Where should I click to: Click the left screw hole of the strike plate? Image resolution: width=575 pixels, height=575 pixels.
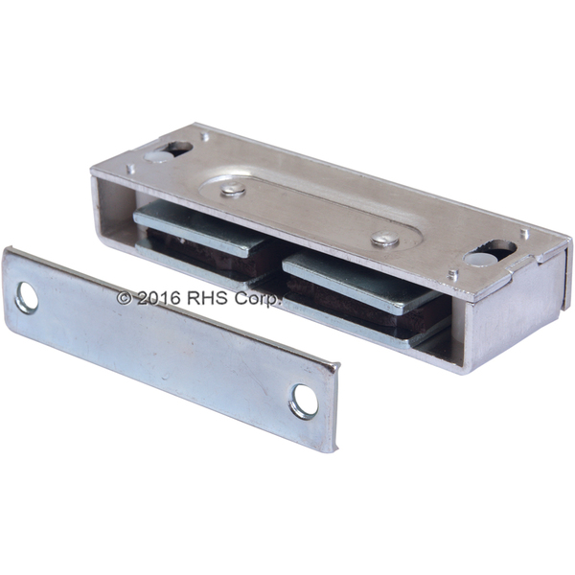pyautogui.click(x=27, y=298)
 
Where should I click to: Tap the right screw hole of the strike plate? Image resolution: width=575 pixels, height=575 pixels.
pyautogui.click(x=305, y=402)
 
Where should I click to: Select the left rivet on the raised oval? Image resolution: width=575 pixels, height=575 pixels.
pyautogui.click(x=233, y=189)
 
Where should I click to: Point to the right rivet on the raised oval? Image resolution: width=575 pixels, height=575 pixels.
pyautogui.click(x=384, y=239)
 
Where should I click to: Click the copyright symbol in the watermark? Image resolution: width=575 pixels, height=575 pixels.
pyautogui.click(x=124, y=298)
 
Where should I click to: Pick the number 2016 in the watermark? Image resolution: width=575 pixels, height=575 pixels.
pyautogui.click(x=159, y=298)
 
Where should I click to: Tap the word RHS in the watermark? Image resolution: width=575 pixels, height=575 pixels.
pyautogui.click(x=209, y=298)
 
